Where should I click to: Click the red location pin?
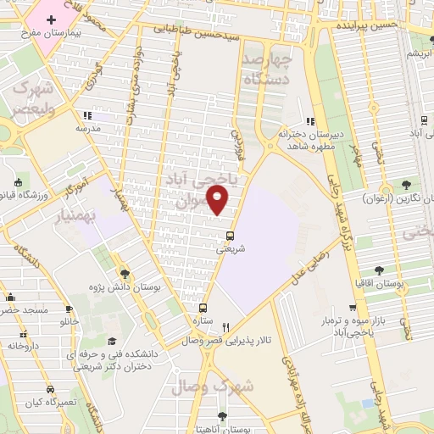coord(218,201)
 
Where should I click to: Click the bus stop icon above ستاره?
coord(203,309)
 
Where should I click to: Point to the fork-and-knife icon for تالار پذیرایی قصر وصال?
coord(225,328)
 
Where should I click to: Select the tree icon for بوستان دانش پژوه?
coord(125,273)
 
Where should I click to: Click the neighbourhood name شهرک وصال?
coord(212,387)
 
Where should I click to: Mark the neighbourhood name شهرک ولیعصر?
coord(32,99)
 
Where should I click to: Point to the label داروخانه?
coord(23,346)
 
